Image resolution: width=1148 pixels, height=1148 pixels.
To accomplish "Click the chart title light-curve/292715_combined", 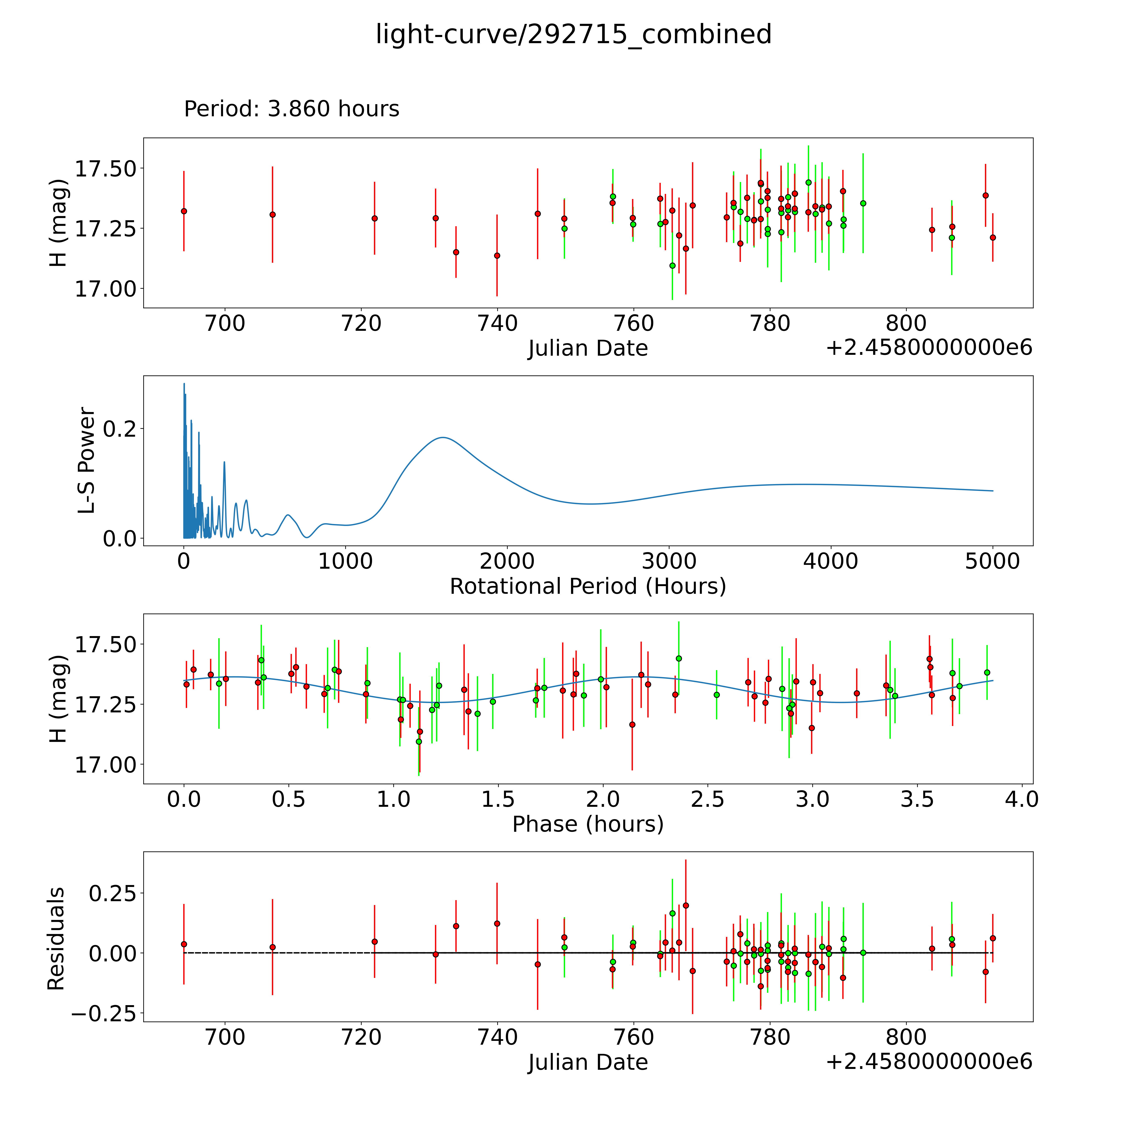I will click(573, 34).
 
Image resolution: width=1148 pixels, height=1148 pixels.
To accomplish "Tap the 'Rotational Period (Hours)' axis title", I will click(588, 587).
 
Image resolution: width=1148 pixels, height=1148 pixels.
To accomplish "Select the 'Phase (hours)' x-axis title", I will click(588, 824).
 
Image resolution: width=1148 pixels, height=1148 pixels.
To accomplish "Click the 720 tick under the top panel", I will click(361, 324).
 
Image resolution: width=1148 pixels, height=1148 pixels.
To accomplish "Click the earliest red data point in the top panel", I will click(184, 211).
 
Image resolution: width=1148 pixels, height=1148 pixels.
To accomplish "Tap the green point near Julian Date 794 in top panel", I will click(863, 203).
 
